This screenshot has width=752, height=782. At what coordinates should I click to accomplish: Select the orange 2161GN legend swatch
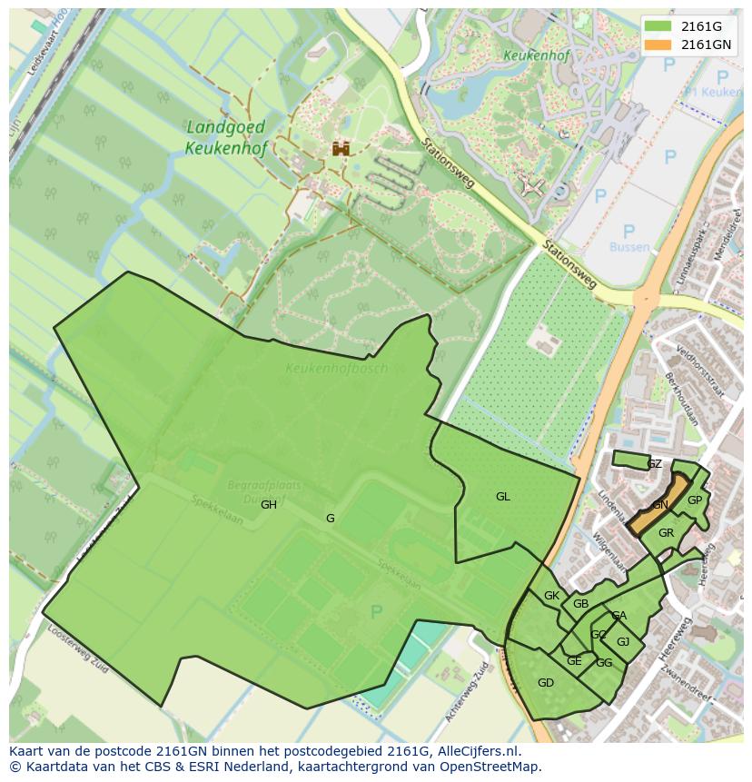(658, 45)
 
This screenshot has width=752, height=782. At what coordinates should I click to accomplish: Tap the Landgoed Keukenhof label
(225, 137)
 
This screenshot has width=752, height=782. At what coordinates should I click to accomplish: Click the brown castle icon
(341, 148)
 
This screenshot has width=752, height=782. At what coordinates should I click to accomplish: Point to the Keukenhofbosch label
(336, 369)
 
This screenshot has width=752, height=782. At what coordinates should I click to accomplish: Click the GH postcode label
(269, 505)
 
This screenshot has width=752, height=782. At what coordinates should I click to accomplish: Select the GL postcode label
(502, 497)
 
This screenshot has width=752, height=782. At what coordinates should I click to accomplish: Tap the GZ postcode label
(654, 464)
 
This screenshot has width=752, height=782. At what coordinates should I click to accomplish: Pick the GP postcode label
(694, 500)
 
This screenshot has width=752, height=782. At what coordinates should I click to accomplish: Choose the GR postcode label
(666, 533)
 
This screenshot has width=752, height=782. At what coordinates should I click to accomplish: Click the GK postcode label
(551, 596)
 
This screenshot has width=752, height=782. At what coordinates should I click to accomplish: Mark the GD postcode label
(545, 683)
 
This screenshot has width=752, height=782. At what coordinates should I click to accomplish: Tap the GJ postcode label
(622, 642)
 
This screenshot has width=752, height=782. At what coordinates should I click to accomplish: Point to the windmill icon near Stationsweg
(532, 186)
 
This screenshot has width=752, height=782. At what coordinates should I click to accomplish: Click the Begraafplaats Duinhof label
(265, 492)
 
